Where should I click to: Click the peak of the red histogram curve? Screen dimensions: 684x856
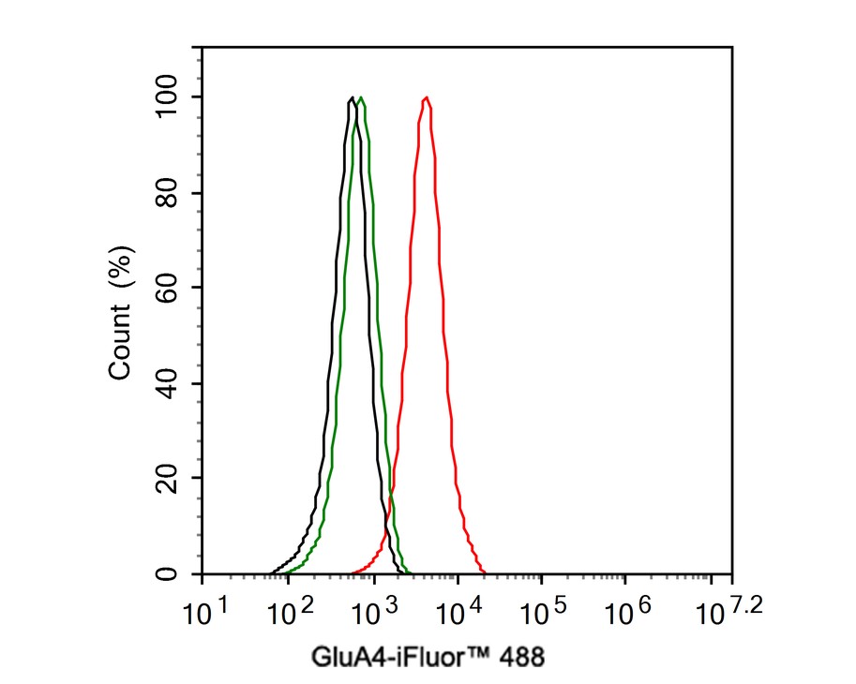(427, 97)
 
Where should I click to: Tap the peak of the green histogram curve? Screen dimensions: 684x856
(361, 97)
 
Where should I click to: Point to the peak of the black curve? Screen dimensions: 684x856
(352, 97)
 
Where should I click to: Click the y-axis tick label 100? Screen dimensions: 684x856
(168, 97)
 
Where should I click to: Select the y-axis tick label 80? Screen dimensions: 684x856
(168, 192)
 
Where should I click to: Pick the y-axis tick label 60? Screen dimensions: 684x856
(168, 288)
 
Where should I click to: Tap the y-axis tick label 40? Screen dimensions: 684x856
(168, 383)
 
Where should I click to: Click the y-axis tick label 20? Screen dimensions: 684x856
(168, 478)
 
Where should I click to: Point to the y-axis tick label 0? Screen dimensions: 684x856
(168, 573)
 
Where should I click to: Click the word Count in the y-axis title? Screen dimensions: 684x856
(120, 349)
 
